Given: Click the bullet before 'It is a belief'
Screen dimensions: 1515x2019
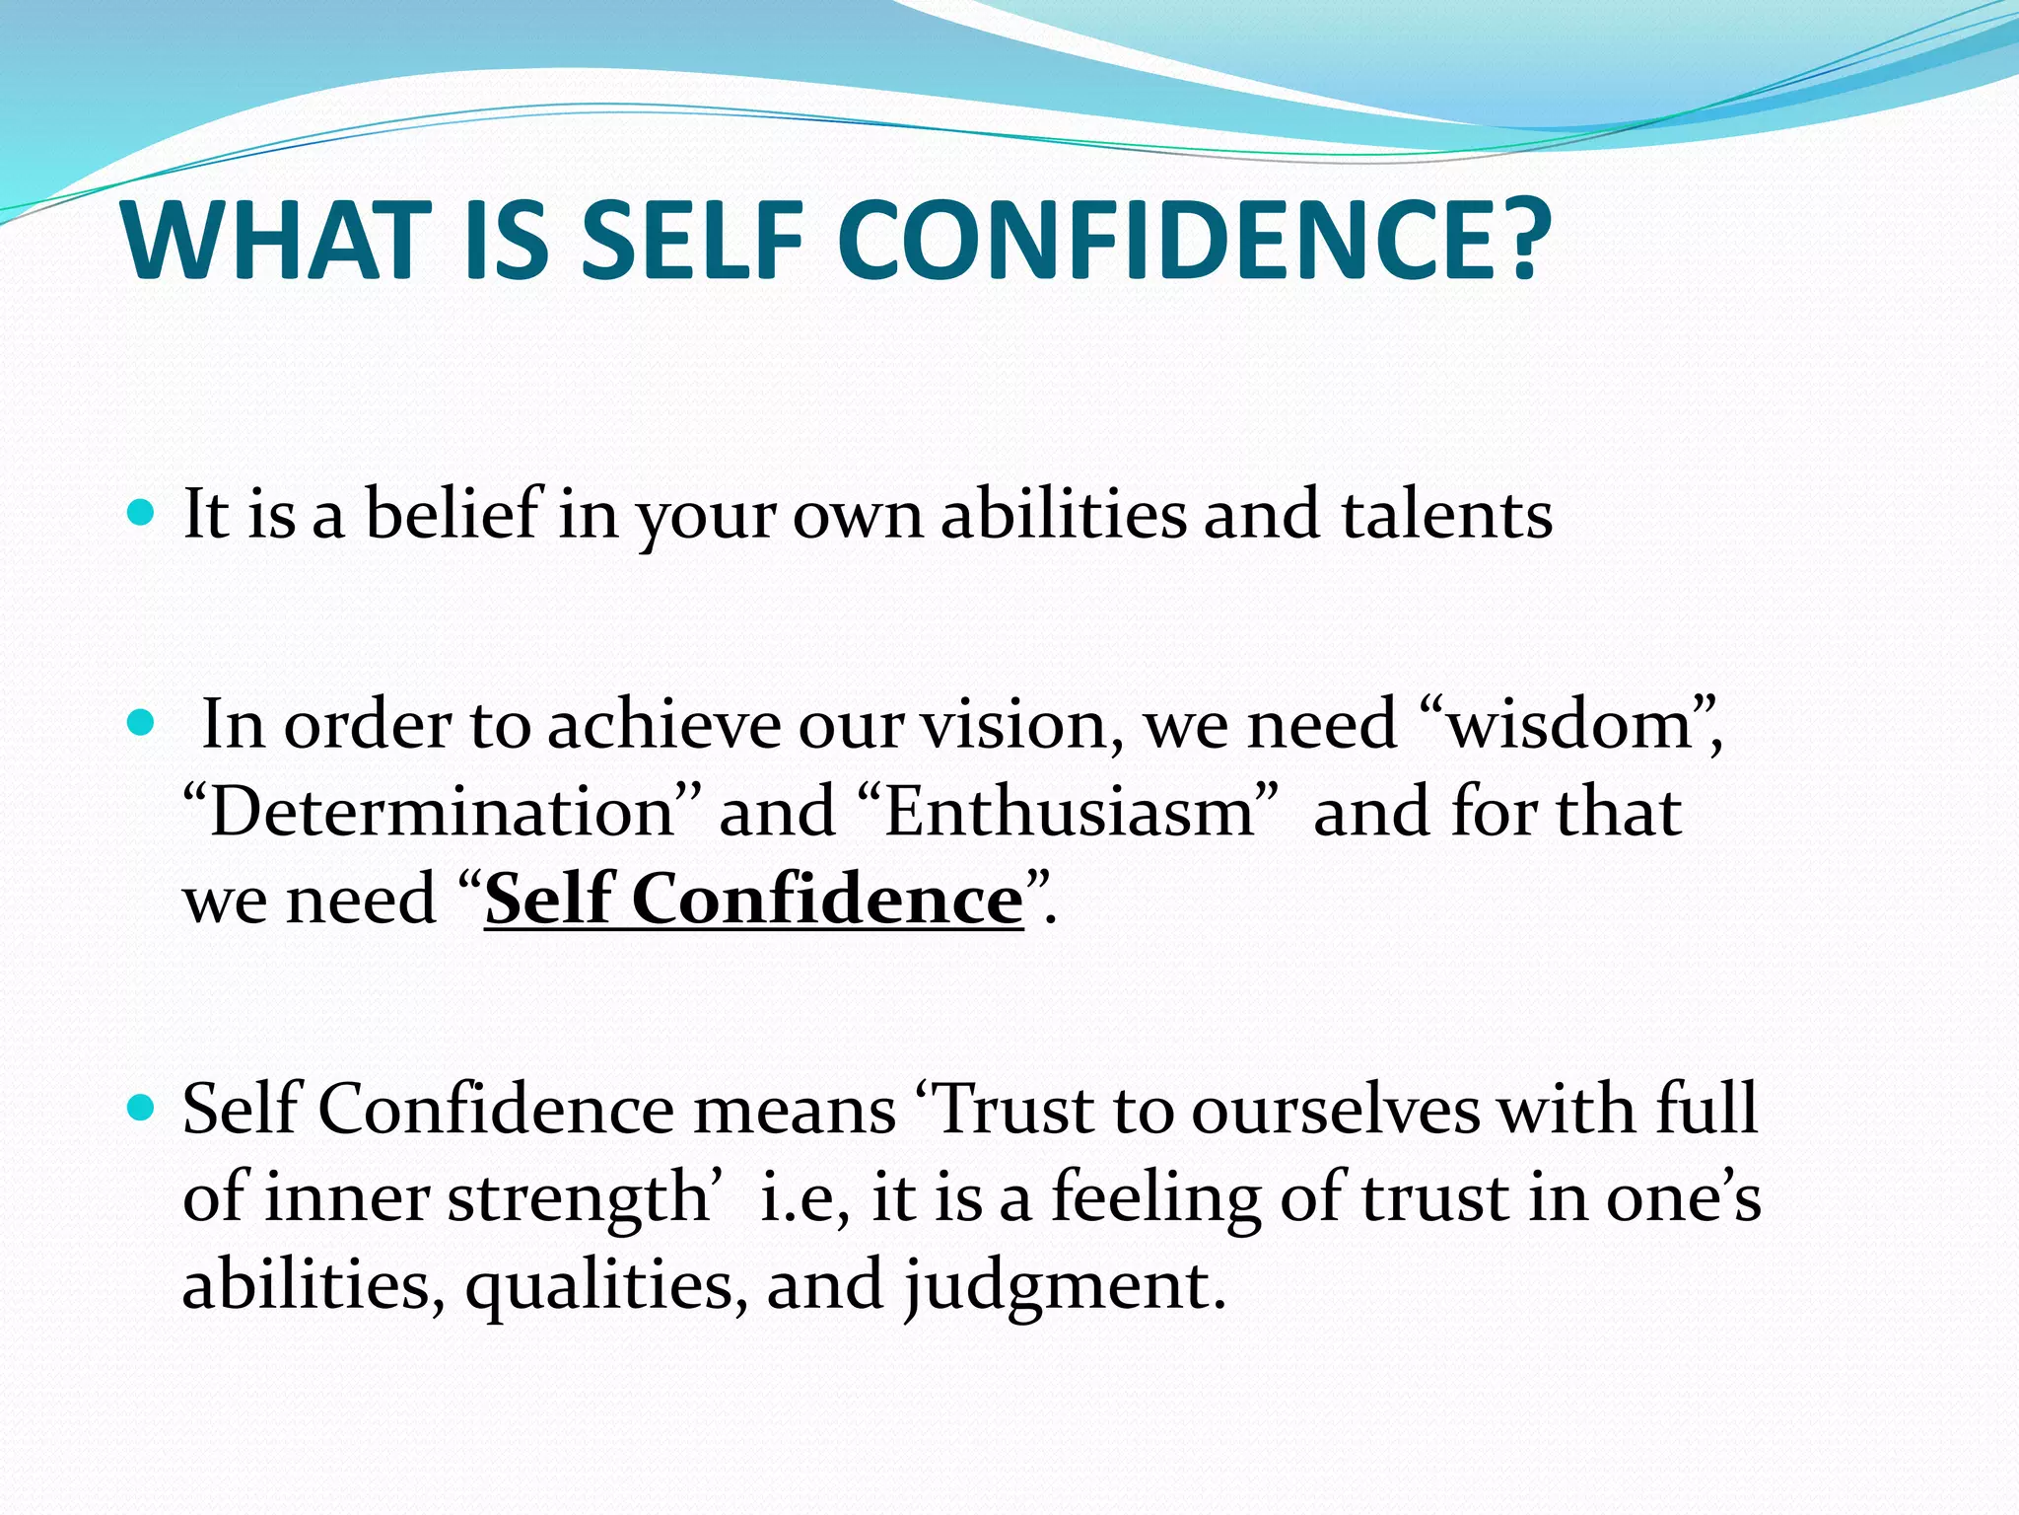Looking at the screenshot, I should tap(142, 512).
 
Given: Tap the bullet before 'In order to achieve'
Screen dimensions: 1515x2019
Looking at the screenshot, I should tap(142, 724).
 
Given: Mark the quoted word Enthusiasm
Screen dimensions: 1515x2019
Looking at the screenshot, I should tap(1069, 813).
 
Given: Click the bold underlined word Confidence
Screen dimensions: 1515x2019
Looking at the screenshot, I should tap(827, 900).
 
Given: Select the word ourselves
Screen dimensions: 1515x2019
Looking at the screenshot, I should tap(1336, 1111).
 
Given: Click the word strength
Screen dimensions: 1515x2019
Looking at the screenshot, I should tap(578, 1199).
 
